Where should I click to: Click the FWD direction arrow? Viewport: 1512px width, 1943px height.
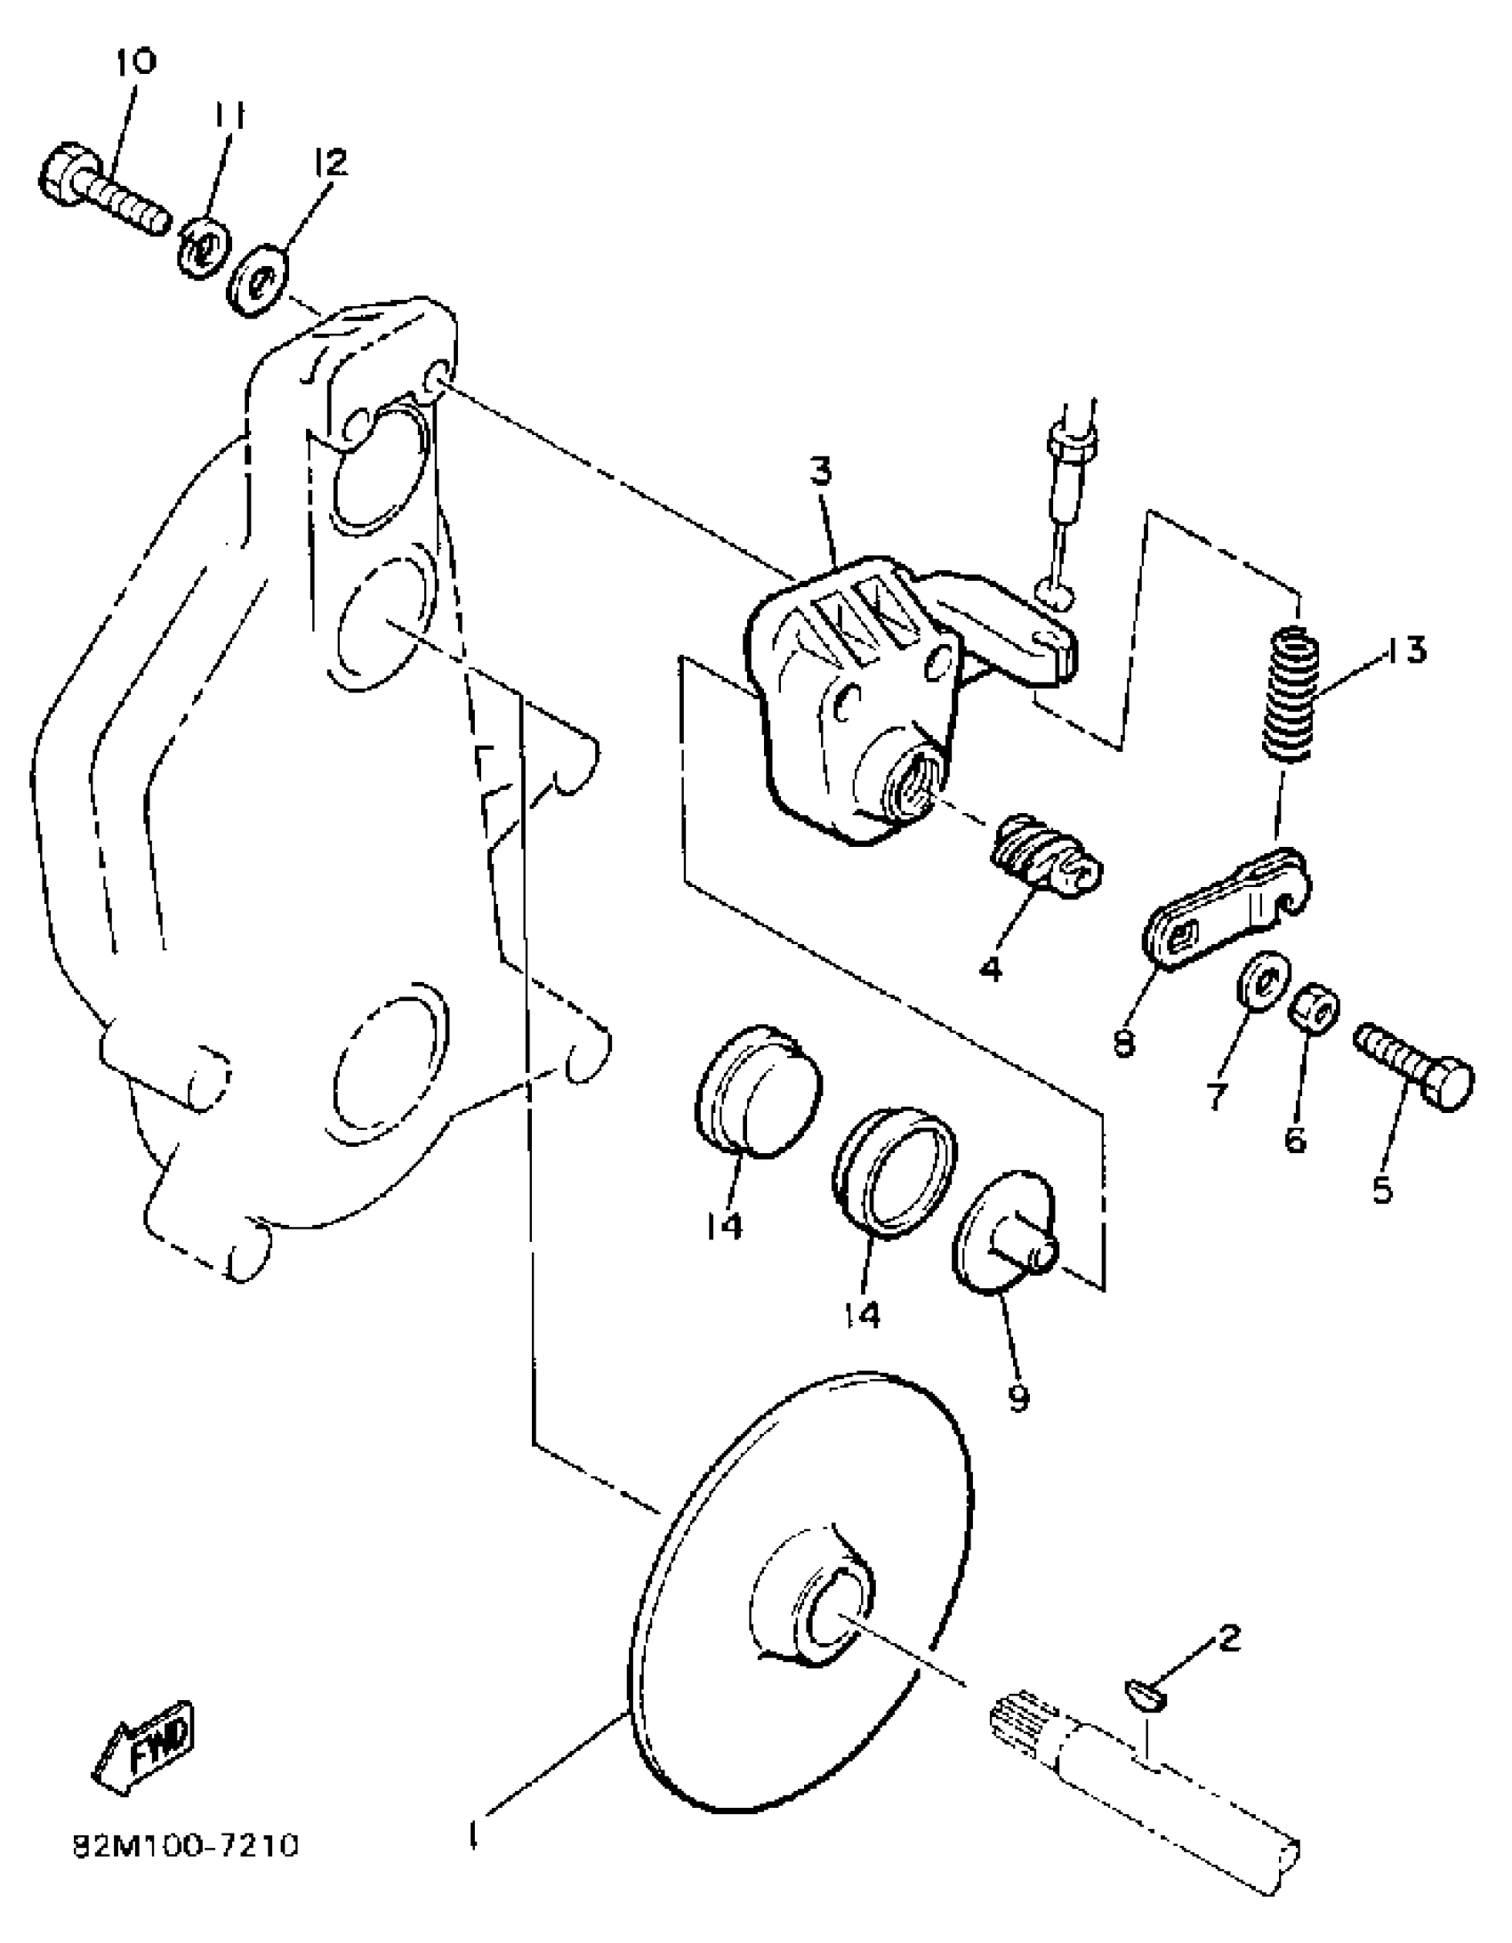pyautogui.click(x=145, y=1747)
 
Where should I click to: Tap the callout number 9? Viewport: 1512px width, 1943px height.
pyautogui.click(x=1019, y=1398)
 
